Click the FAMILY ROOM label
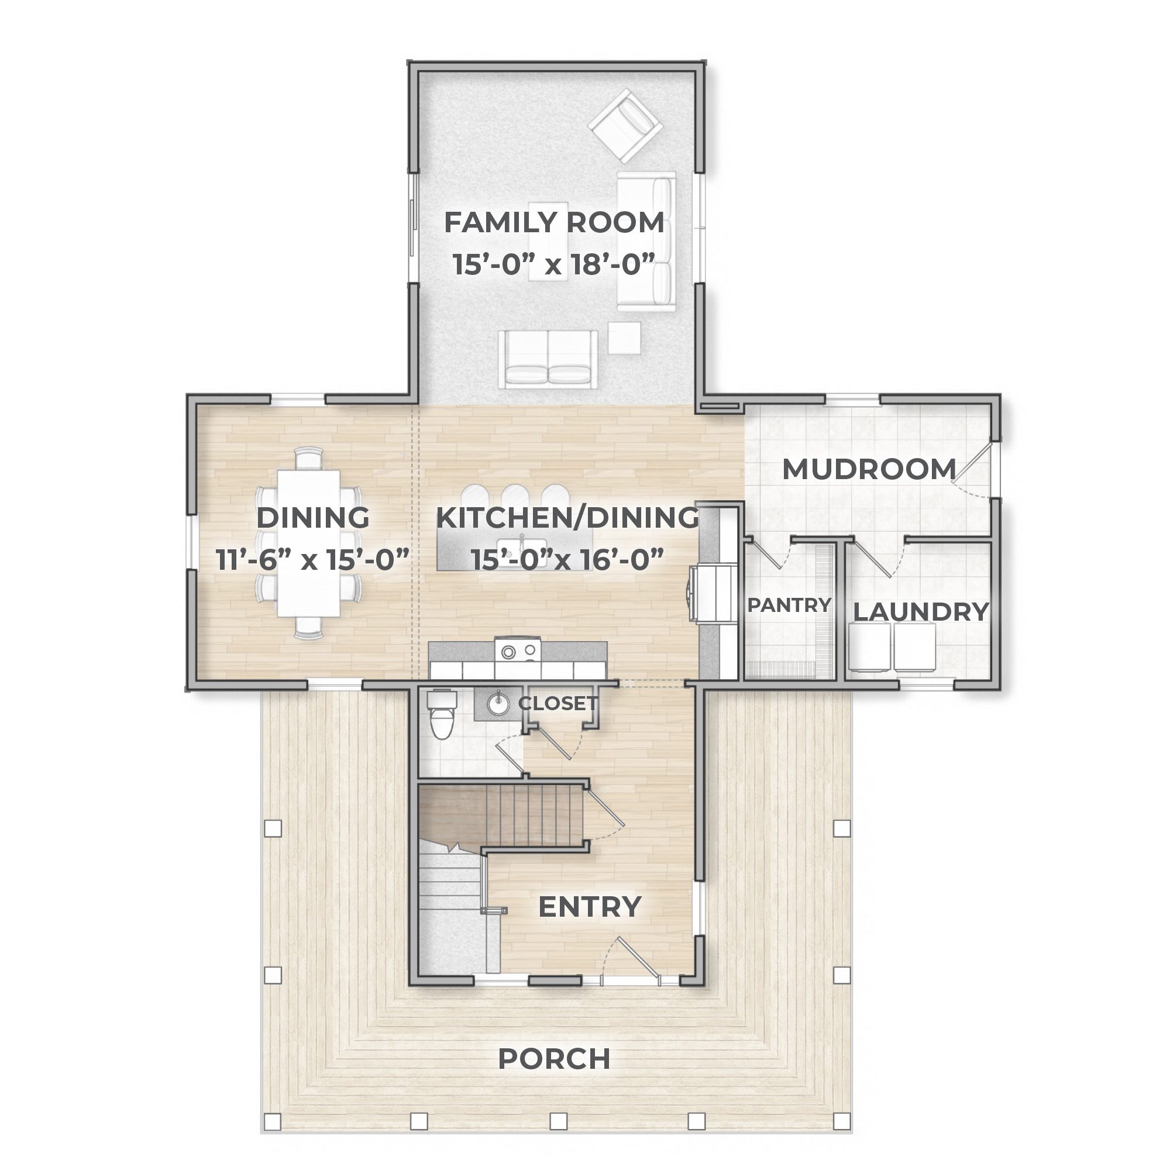(x=553, y=222)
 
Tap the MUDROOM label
(x=869, y=469)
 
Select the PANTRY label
(x=789, y=604)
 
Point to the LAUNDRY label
(x=920, y=612)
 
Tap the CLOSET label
(x=558, y=703)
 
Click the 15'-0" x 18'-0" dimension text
(x=553, y=264)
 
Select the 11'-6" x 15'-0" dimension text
(x=313, y=560)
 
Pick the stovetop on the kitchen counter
(x=518, y=651)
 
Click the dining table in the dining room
(x=309, y=543)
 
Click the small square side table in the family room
(x=624, y=338)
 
